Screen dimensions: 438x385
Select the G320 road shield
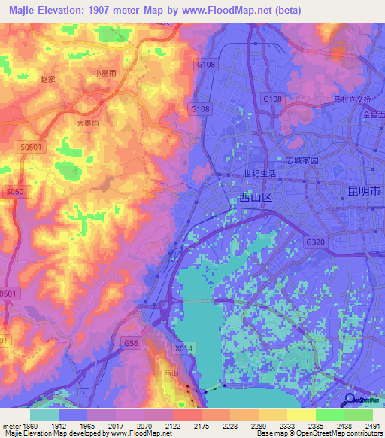point(317,242)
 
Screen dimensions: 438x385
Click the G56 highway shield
point(132,343)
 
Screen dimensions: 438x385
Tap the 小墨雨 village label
point(105,73)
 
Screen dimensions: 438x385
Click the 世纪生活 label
point(260,173)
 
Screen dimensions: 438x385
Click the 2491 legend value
point(371,424)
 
